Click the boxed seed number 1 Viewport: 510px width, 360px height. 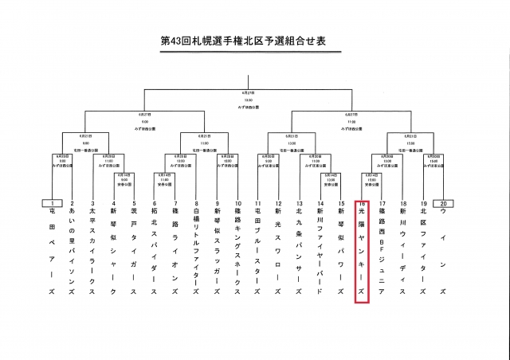pyautogui.click(x=52, y=203)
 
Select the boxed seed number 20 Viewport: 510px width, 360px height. pyautogui.click(x=443, y=203)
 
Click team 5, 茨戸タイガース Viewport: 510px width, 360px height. pyautogui.click(x=134, y=251)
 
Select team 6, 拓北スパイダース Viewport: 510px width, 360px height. pyautogui.click(x=155, y=251)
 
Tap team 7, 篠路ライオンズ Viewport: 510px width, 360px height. pyautogui.click(x=175, y=251)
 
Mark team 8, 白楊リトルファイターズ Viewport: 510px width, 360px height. pyautogui.click(x=196, y=251)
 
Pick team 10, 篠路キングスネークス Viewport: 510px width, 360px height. pyautogui.click(x=237, y=251)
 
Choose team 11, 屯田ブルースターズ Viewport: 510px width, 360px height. pyautogui.click(x=257, y=251)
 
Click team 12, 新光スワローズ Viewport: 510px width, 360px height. pyautogui.click(x=278, y=251)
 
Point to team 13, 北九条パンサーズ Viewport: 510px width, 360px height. pyautogui.click(x=300, y=251)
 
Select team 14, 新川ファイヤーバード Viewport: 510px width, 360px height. pyautogui.click(x=320, y=251)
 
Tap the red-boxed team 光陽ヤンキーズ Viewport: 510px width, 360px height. pyautogui.click(x=361, y=251)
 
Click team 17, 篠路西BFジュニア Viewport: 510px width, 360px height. pyautogui.click(x=382, y=251)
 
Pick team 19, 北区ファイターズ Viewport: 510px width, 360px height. pyautogui.click(x=423, y=251)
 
